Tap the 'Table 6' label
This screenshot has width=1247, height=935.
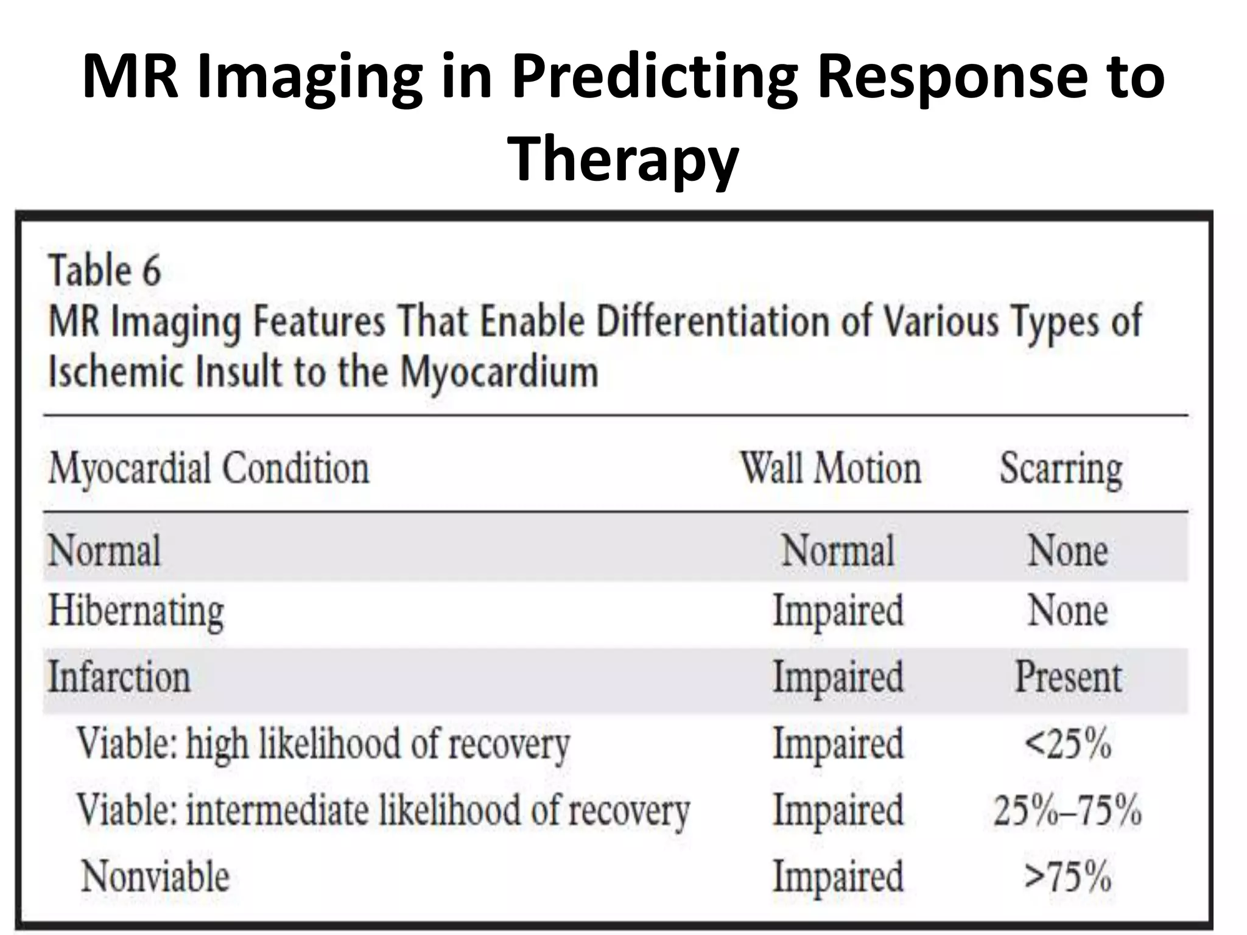(105, 271)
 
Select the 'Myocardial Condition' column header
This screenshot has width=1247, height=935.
(209, 469)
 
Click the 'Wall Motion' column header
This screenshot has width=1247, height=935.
(831, 469)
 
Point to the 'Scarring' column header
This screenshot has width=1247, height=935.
(1061, 469)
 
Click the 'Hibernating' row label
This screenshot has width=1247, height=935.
(136, 611)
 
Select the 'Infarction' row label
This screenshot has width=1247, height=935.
(119, 677)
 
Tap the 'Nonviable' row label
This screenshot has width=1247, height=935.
(155, 877)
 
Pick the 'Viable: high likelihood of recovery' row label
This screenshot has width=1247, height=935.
(323, 744)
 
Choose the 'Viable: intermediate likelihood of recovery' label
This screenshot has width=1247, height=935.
(383, 810)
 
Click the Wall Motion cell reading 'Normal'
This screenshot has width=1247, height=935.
(838, 550)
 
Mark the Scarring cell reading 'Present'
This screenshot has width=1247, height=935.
(1068, 677)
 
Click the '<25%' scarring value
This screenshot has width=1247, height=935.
(1068, 744)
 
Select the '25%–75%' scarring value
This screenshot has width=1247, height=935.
(1068, 810)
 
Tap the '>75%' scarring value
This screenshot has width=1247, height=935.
(1068, 877)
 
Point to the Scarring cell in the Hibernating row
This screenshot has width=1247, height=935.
(1068, 611)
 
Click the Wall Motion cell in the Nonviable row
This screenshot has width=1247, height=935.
(838, 877)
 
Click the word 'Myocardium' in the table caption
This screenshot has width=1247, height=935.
(499, 373)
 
